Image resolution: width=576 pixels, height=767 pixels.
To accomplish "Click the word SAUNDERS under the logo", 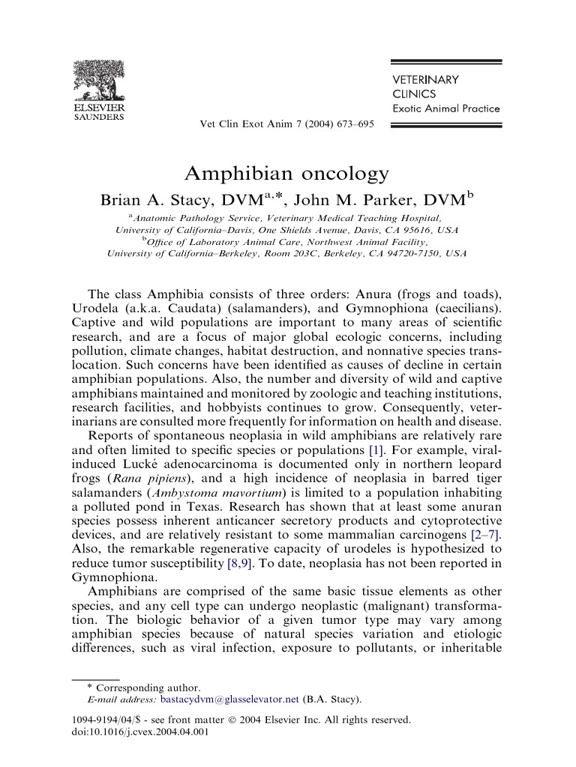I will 99,117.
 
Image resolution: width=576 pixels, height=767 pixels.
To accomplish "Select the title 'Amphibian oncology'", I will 287,174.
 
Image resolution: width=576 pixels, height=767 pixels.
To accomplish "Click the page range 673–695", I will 355,124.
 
